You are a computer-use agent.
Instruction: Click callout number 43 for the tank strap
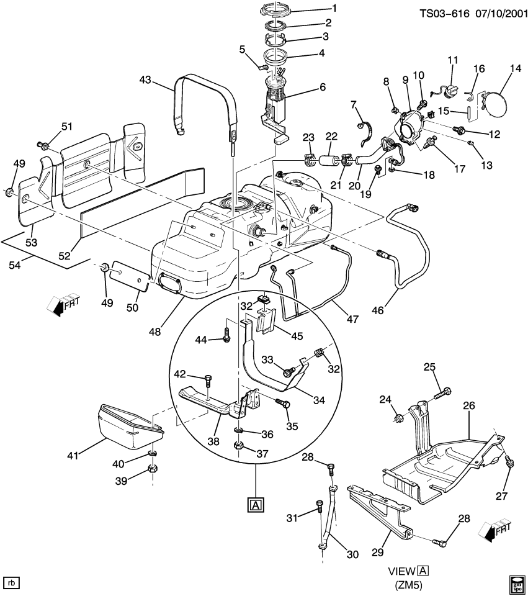(145, 80)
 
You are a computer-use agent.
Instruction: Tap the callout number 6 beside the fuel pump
(322, 88)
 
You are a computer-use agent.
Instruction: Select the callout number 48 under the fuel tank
(154, 332)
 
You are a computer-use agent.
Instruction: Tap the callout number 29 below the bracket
(377, 550)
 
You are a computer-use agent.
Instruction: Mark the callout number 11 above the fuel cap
(452, 60)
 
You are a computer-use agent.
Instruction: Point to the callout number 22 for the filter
(332, 137)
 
